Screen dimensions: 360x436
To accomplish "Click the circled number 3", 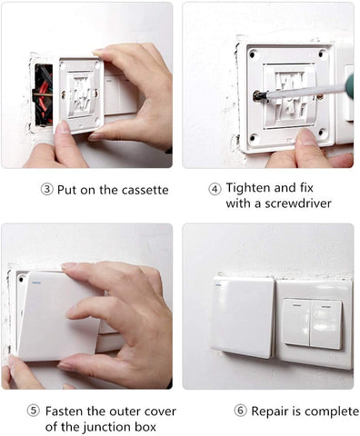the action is pyautogui.click(x=46, y=190).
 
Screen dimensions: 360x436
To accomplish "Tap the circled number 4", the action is pyautogui.click(x=215, y=190).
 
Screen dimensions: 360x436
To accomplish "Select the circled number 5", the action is pyautogui.click(x=34, y=411).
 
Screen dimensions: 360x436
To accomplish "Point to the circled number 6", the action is pyautogui.click(x=240, y=411).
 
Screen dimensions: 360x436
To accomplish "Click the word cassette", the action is pyautogui.click(x=145, y=190).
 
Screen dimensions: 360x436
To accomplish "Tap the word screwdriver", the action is pyautogui.click(x=298, y=203).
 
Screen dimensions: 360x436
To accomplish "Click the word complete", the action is pyautogui.click(x=332, y=411).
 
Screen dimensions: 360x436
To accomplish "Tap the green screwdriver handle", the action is pyautogui.click(x=349, y=86).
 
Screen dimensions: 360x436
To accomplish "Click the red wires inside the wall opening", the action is pyautogui.click(x=44, y=95).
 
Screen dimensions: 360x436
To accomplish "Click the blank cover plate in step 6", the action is pyautogui.click(x=244, y=317).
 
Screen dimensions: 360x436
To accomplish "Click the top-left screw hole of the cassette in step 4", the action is pyautogui.click(x=252, y=54).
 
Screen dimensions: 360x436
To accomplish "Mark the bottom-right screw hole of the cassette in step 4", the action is pyautogui.click(x=322, y=132).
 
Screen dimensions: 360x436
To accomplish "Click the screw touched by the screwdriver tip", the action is pyautogui.click(x=258, y=96).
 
